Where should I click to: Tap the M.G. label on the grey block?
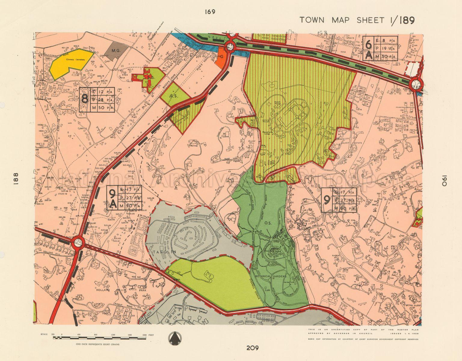(x=116, y=51)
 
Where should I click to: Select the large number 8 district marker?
(x=85, y=99)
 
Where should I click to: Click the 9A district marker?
(x=112, y=198)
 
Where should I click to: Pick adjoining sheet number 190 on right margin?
(x=445, y=180)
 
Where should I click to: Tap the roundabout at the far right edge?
(x=416, y=85)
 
